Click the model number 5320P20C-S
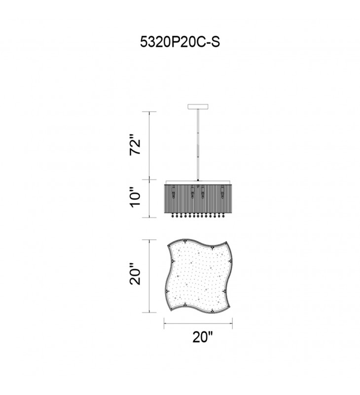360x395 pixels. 180,42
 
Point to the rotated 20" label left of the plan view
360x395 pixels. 135,275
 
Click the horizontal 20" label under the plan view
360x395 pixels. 203,337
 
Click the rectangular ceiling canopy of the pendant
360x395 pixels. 198,106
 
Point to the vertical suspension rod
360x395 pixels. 198,145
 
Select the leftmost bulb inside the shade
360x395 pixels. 173,192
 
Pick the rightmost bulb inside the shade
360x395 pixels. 222,192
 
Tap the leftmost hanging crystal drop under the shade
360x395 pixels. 173,216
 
